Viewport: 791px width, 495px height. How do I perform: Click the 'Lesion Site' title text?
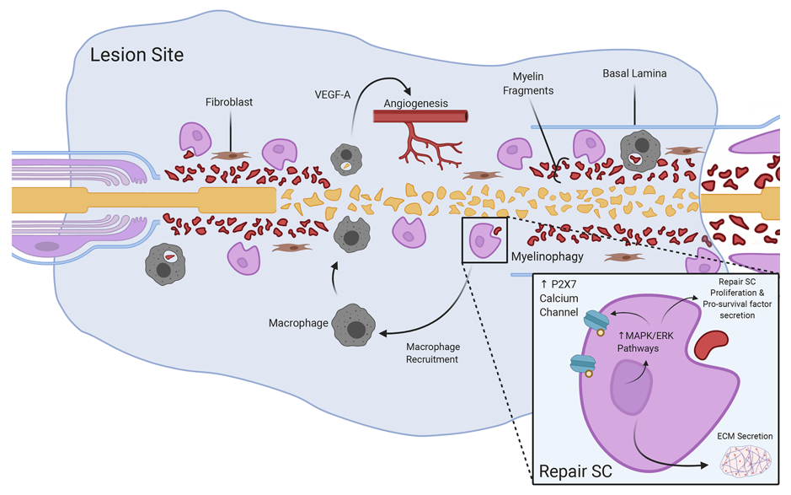(x=137, y=56)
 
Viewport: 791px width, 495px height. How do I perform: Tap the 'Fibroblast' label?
(x=229, y=103)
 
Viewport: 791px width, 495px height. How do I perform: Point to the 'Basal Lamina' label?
(x=634, y=74)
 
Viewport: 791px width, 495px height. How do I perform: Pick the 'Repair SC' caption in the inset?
(x=576, y=469)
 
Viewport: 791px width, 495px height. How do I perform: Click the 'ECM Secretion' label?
(x=745, y=436)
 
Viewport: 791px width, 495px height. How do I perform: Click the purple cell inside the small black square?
(x=483, y=239)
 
